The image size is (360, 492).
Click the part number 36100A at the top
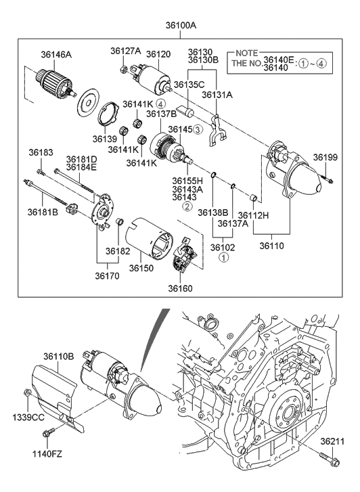(181, 25)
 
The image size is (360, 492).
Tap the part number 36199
(325, 158)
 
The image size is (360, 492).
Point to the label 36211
(333, 441)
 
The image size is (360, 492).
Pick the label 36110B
(59, 357)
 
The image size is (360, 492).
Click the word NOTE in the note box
(246, 53)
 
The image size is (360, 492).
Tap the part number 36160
(181, 288)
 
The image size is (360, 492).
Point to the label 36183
(41, 153)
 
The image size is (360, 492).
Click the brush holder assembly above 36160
(183, 257)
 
